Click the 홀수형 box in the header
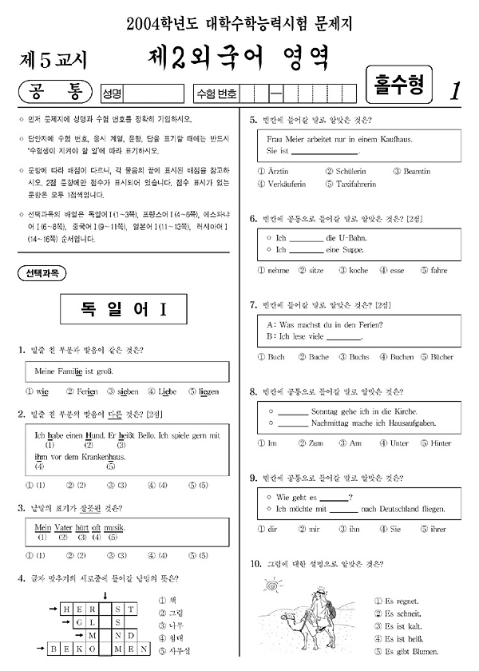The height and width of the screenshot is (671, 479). pyautogui.click(x=398, y=83)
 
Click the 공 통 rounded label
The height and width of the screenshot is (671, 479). pyautogui.click(x=54, y=93)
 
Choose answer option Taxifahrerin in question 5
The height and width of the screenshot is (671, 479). pyautogui.click(x=355, y=184)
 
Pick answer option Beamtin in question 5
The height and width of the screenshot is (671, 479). pyautogui.click(x=417, y=171)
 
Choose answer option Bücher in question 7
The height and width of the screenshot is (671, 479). pyautogui.click(x=441, y=356)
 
